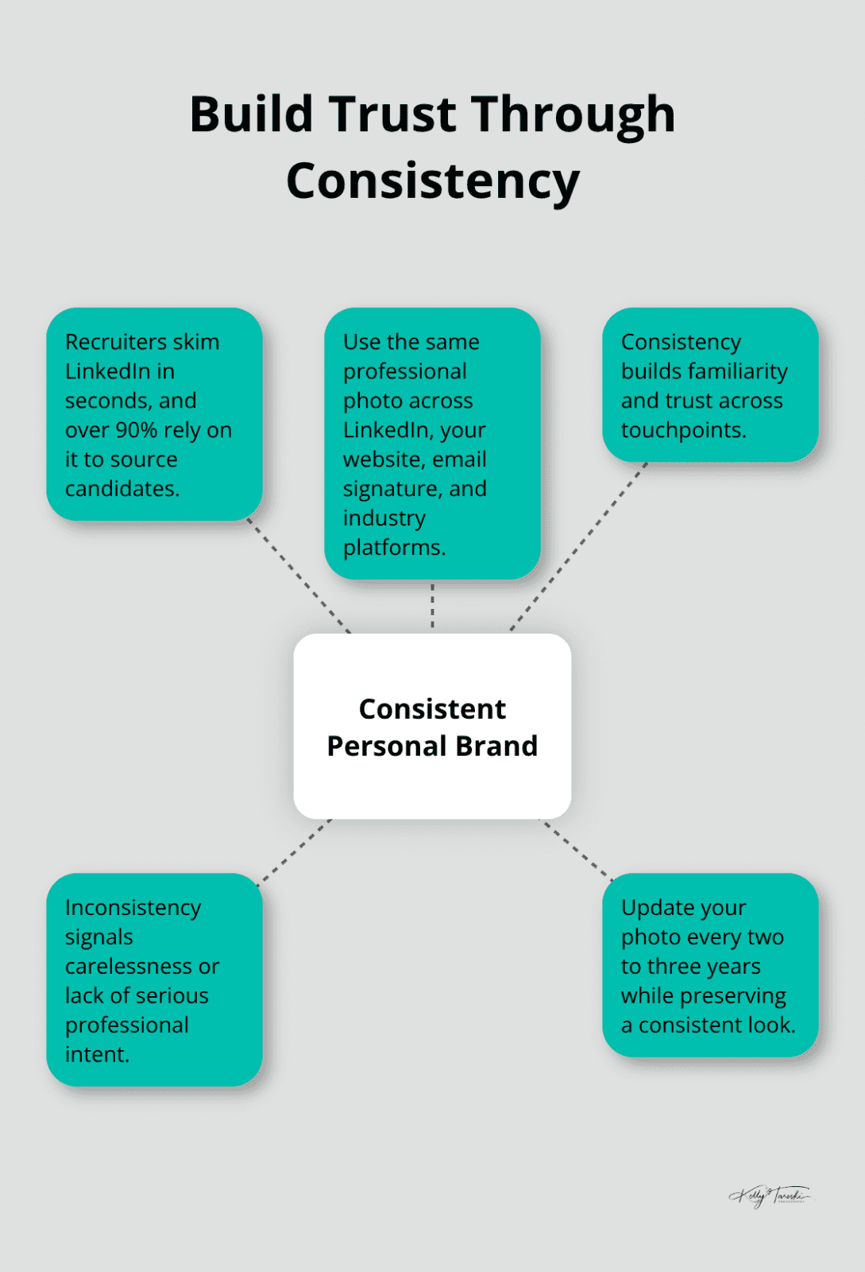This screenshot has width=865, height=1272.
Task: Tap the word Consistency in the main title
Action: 433,181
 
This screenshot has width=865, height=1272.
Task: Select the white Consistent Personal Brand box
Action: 432,726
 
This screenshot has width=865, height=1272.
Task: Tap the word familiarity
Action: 738,371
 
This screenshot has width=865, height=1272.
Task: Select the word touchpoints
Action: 683,430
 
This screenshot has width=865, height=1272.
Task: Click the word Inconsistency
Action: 133,908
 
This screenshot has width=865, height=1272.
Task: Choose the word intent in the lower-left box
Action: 95,1055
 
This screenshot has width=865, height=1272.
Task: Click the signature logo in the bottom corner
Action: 769,1195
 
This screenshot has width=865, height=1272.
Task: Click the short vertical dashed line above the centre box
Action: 432,606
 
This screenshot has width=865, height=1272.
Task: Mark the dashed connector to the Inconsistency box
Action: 295,851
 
